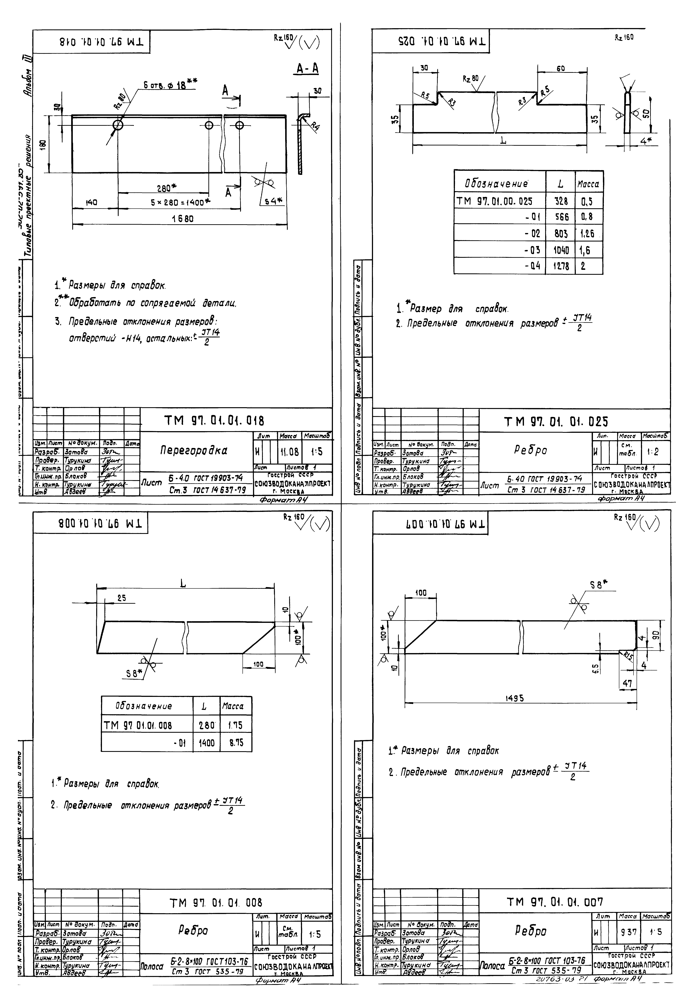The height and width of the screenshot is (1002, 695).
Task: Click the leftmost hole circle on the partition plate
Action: coord(118,125)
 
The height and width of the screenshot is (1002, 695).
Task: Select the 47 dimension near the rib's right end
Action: coord(627,683)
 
